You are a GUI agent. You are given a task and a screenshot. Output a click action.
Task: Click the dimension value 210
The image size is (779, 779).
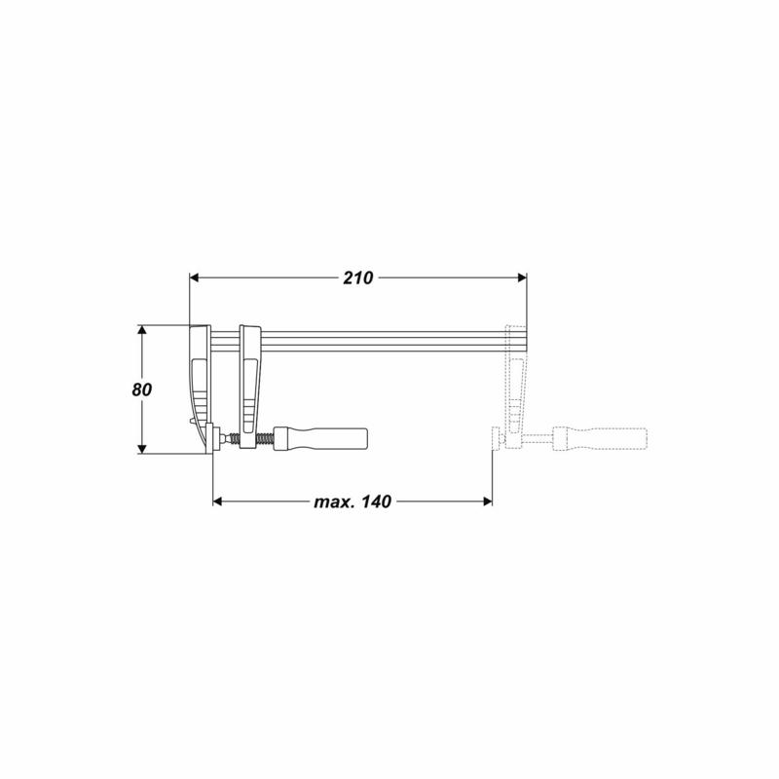click(357, 278)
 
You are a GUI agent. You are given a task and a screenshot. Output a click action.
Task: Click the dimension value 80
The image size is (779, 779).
click(141, 390)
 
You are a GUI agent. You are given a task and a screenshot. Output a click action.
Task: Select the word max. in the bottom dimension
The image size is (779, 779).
click(334, 501)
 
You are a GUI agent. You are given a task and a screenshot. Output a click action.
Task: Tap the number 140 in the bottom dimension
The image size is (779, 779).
click(376, 501)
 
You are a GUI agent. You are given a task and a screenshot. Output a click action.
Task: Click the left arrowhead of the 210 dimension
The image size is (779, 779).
click(194, 278)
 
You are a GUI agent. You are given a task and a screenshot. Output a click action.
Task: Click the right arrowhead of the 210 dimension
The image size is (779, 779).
click(522, 278)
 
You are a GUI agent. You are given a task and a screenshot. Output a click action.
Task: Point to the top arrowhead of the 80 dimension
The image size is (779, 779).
click(142, 330)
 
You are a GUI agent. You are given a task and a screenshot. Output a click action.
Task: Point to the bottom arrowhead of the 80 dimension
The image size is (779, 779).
click(142, 449)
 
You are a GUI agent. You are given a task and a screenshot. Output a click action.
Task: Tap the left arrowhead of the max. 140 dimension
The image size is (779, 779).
click(217, 501)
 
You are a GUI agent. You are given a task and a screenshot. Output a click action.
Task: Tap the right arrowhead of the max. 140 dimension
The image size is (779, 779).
click(488, 501)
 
